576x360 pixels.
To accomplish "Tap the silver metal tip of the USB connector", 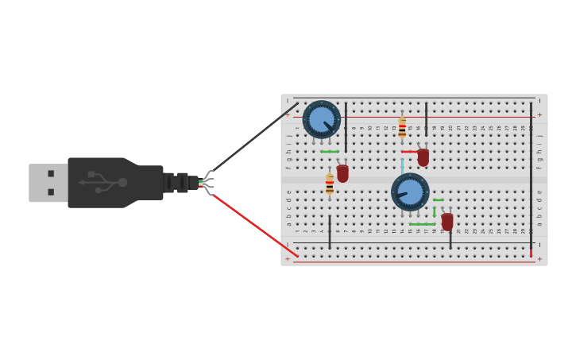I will point(48,183).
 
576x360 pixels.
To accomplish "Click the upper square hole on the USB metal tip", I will point(51,173).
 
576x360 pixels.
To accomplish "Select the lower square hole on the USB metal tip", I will point(51,192).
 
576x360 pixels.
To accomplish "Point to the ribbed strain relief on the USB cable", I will point(178,183).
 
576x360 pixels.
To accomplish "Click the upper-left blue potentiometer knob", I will point(322,119).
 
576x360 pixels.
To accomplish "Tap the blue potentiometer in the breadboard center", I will point(410,192).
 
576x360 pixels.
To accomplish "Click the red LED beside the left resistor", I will point(342,172).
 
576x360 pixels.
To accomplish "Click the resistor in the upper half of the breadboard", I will point(402,127).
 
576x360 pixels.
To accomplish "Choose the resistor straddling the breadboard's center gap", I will point(330,184).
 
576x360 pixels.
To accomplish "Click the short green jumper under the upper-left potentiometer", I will point(330,151).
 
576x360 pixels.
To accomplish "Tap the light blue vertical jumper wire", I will point(402,165).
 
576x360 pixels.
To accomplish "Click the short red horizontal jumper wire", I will point(409,151).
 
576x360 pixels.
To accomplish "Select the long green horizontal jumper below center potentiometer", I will point(423,224).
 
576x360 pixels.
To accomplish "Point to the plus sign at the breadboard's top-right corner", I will point(539,114).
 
